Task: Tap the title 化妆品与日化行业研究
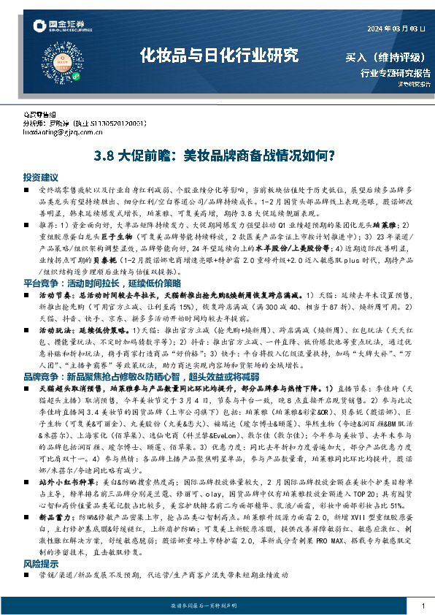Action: click(x=220, y=54)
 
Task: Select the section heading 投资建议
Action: click(x=40, y=177)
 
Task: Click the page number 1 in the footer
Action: click(x=423, y=606)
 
